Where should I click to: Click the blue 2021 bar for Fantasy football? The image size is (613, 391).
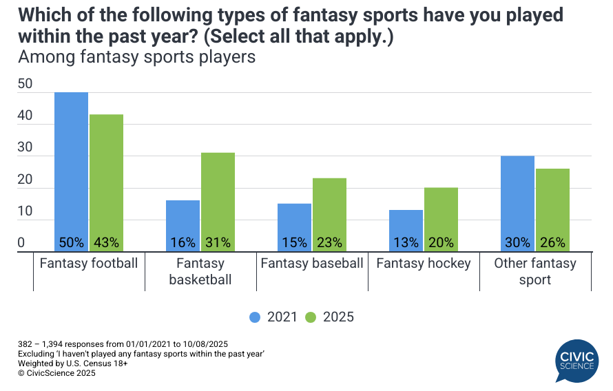coord(71,165)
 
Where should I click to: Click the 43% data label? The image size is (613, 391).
coord(106,242)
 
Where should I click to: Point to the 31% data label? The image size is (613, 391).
coord(218,242)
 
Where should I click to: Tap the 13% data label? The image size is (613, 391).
coord(406,242)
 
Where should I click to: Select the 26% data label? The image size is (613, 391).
coord(552,242)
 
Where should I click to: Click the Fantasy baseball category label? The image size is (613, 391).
coord(311,264)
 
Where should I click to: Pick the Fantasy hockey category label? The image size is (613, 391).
coord(423,264)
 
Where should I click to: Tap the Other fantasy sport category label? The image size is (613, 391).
coord(535,271)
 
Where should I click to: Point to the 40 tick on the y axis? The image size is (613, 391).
coord(25,116)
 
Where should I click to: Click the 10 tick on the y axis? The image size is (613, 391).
coord(25,211)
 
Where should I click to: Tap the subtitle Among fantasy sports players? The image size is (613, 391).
coord(136,57)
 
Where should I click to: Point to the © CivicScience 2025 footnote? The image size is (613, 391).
coord(56,373)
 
